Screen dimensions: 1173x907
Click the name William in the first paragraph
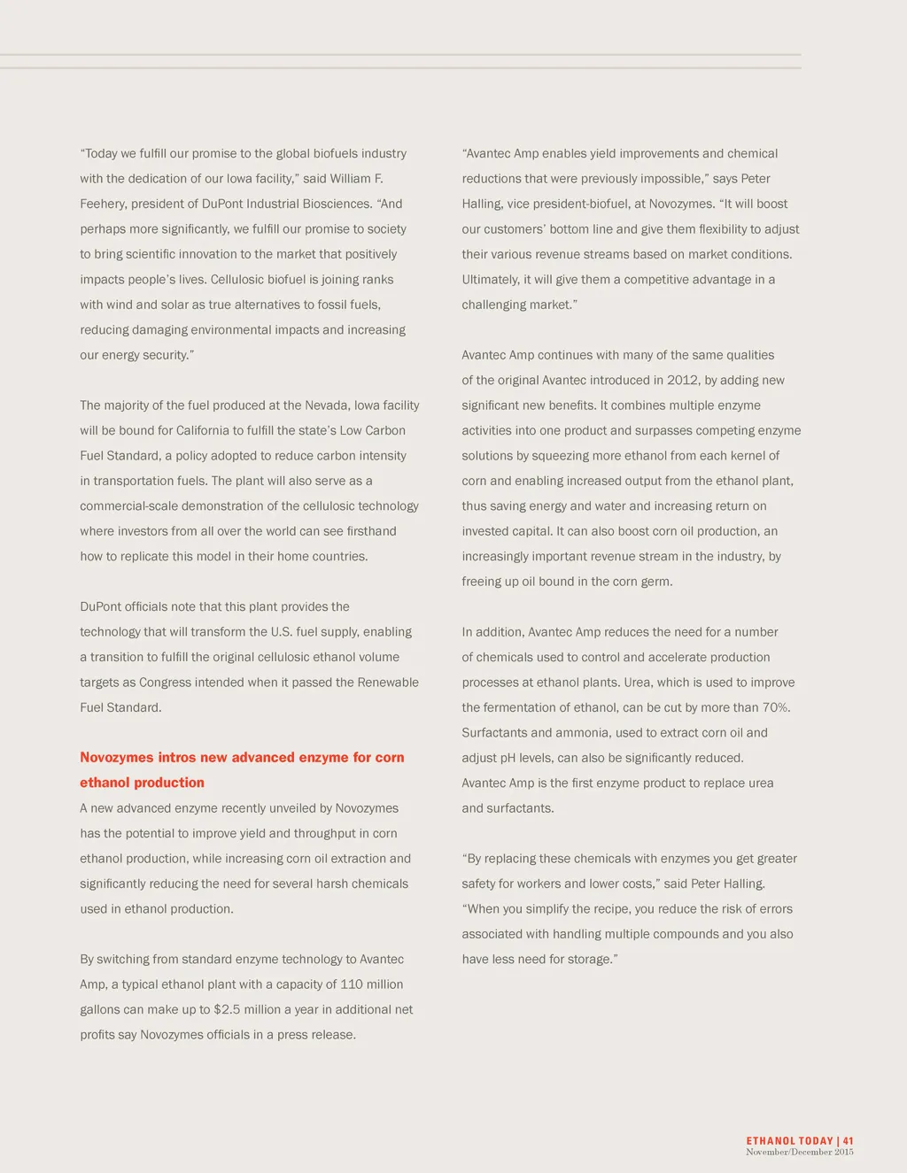351,179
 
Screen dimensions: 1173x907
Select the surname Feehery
103,204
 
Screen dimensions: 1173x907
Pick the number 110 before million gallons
352,984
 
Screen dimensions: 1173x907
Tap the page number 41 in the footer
848,1141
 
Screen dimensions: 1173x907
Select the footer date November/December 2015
799,1152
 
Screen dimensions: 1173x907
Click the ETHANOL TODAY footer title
789,1141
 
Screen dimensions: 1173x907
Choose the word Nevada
328,405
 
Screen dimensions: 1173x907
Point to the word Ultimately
491,280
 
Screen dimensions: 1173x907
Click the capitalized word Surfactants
492,733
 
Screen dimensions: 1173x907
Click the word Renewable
389,683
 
